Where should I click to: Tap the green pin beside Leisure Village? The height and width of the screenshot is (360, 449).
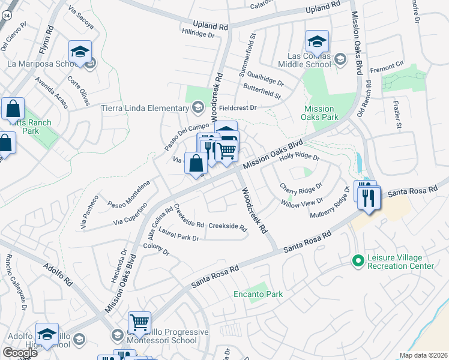click(358, 261)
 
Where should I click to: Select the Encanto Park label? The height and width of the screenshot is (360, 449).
click(258, 294)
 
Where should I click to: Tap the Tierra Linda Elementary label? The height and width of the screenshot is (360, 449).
click(146, 108)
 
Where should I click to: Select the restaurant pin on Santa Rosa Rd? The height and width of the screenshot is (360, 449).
click(369, 197)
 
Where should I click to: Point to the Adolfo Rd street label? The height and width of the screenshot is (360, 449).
click(58, 272)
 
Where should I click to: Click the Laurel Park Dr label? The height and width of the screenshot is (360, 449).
click(179, 238)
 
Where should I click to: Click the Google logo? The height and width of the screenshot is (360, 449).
click(20, 353)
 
